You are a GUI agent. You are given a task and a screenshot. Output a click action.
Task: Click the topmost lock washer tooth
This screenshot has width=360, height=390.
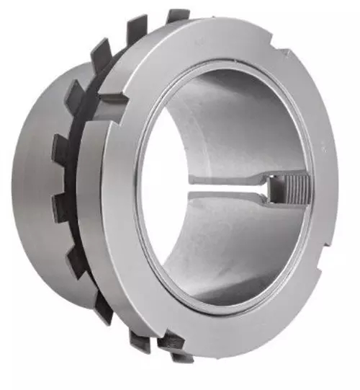click(177, 15)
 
